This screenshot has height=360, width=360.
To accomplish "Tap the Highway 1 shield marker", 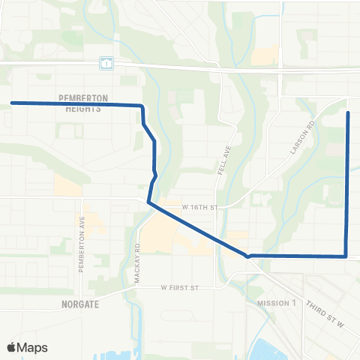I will click(x=106, y=64).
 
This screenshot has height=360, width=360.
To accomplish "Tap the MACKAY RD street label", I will click(x=138, y=262).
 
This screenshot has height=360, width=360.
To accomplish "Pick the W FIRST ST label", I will click(x=178, y=286).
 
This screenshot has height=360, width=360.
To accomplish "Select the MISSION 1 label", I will click(x=277, y=304).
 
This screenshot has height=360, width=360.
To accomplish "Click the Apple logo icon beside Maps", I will click(x=12, y=347).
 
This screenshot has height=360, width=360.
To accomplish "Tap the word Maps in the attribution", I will click(x=33, y=347).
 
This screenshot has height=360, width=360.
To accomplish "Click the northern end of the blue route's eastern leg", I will click(x=348, y=112).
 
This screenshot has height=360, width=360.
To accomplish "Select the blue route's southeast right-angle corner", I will click(x=346, y=256).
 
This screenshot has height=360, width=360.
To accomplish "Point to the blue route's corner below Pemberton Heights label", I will click(x=142, y=106).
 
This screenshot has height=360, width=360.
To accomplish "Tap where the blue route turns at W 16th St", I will click(x=149, y=202).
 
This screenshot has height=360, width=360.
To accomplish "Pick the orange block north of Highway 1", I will click(x=265, y=56).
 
